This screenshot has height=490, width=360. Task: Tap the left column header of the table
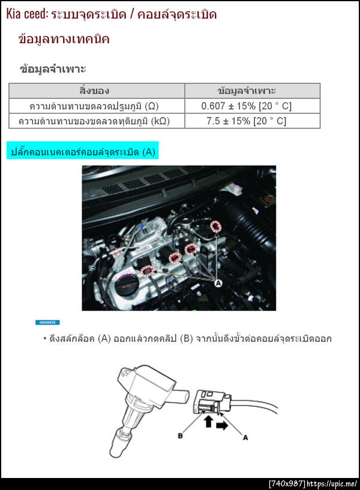point(94,91)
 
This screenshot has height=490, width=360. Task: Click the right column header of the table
point(247,91)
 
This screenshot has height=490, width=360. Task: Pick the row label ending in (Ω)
point(94,106)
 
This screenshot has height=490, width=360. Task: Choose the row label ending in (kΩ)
point(94,121)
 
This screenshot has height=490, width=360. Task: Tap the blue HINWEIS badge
point(47,322)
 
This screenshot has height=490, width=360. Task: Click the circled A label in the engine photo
point(218,283)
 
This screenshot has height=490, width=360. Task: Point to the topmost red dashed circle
point(215,226)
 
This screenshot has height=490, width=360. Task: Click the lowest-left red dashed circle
point(148,271)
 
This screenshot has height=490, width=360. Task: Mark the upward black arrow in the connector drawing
point(208,421)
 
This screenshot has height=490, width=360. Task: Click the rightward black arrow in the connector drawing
point(222,425)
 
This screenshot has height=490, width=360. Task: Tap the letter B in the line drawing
point(181,435)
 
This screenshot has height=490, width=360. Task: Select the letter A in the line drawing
point(245,437)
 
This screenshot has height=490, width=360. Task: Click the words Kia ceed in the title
point(26,14)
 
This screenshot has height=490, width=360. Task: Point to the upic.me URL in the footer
point(332,484)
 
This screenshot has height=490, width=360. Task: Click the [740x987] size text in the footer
point(287,484)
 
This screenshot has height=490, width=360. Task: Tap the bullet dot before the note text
point(45,338)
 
